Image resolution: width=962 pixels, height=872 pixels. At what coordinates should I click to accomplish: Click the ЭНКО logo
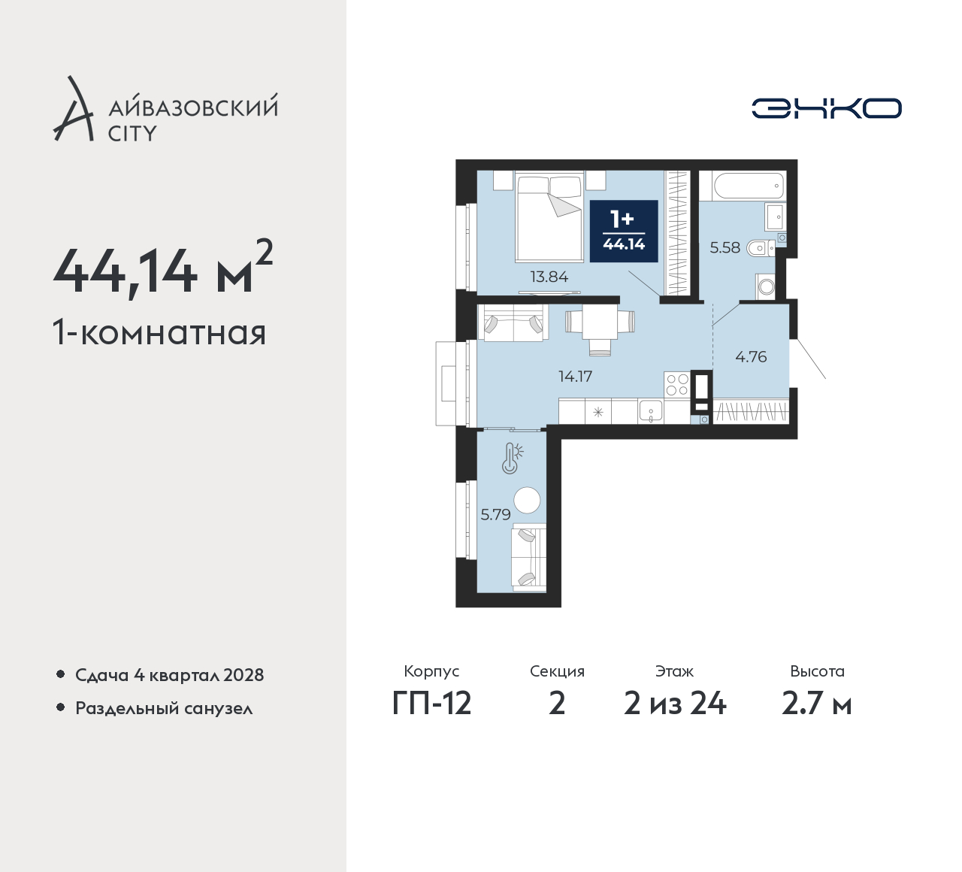(x=826, y=108)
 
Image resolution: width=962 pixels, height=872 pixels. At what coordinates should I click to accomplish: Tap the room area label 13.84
(x=549, y=277)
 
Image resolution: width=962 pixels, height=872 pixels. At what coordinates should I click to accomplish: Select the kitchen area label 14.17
(x=575, y=377)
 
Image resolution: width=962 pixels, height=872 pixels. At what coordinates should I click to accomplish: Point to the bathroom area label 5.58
(x=725, y=247)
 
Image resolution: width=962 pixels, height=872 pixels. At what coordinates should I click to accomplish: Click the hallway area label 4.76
(x=751, y=357)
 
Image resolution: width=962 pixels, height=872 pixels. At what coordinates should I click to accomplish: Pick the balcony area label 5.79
(x=495, y=515)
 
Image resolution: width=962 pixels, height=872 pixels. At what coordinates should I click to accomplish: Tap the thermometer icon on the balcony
(x=512, y=458)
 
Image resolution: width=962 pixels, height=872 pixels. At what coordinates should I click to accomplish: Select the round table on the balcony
(x=527, y=500)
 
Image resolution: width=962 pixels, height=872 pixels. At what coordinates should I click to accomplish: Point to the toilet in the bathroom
(x=760, y=248)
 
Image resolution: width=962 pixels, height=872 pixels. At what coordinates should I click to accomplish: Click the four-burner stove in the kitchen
(x=677, y=385)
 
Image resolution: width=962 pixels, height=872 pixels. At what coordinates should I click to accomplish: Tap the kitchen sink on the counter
(x=650, y=412)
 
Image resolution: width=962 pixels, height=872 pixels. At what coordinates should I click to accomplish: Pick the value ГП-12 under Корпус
(x=431, y=704)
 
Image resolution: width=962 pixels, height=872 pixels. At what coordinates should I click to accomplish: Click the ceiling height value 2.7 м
(x=817, y=704)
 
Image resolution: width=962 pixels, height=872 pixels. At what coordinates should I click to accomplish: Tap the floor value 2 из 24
(x=675, y=704)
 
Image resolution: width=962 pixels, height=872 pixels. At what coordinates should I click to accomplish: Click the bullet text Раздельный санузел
(x=164, y=708)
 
